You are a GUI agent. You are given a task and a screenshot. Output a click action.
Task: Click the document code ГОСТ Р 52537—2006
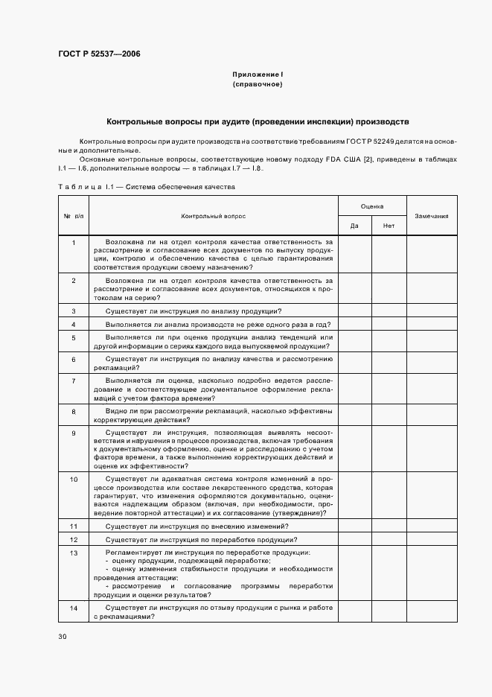tap(98, 54)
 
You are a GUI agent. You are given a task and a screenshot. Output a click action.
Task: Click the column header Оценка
tap(372, 205)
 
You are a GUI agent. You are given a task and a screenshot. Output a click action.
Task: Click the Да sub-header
tap(355, 225)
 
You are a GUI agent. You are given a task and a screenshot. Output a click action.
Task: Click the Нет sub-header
tap(389, 225)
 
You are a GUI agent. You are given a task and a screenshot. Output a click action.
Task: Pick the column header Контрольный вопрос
tap(213, 216)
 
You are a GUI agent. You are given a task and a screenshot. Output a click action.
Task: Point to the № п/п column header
tap(74, 216)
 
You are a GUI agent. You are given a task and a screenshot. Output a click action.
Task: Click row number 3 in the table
tap(74, 311)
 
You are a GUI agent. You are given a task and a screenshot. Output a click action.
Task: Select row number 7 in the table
tap(74, 381)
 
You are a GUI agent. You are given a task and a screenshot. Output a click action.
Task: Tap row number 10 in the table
tap(74, 478)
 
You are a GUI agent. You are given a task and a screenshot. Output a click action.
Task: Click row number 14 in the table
tap(74, 608)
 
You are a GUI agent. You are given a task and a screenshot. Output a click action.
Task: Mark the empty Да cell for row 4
tap(355, 324)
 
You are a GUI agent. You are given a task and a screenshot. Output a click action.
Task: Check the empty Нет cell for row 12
tap(389, 539)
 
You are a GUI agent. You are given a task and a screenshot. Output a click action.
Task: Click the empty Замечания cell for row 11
tap(431, 526)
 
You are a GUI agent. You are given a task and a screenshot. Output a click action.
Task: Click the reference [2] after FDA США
tap(368, 159)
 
